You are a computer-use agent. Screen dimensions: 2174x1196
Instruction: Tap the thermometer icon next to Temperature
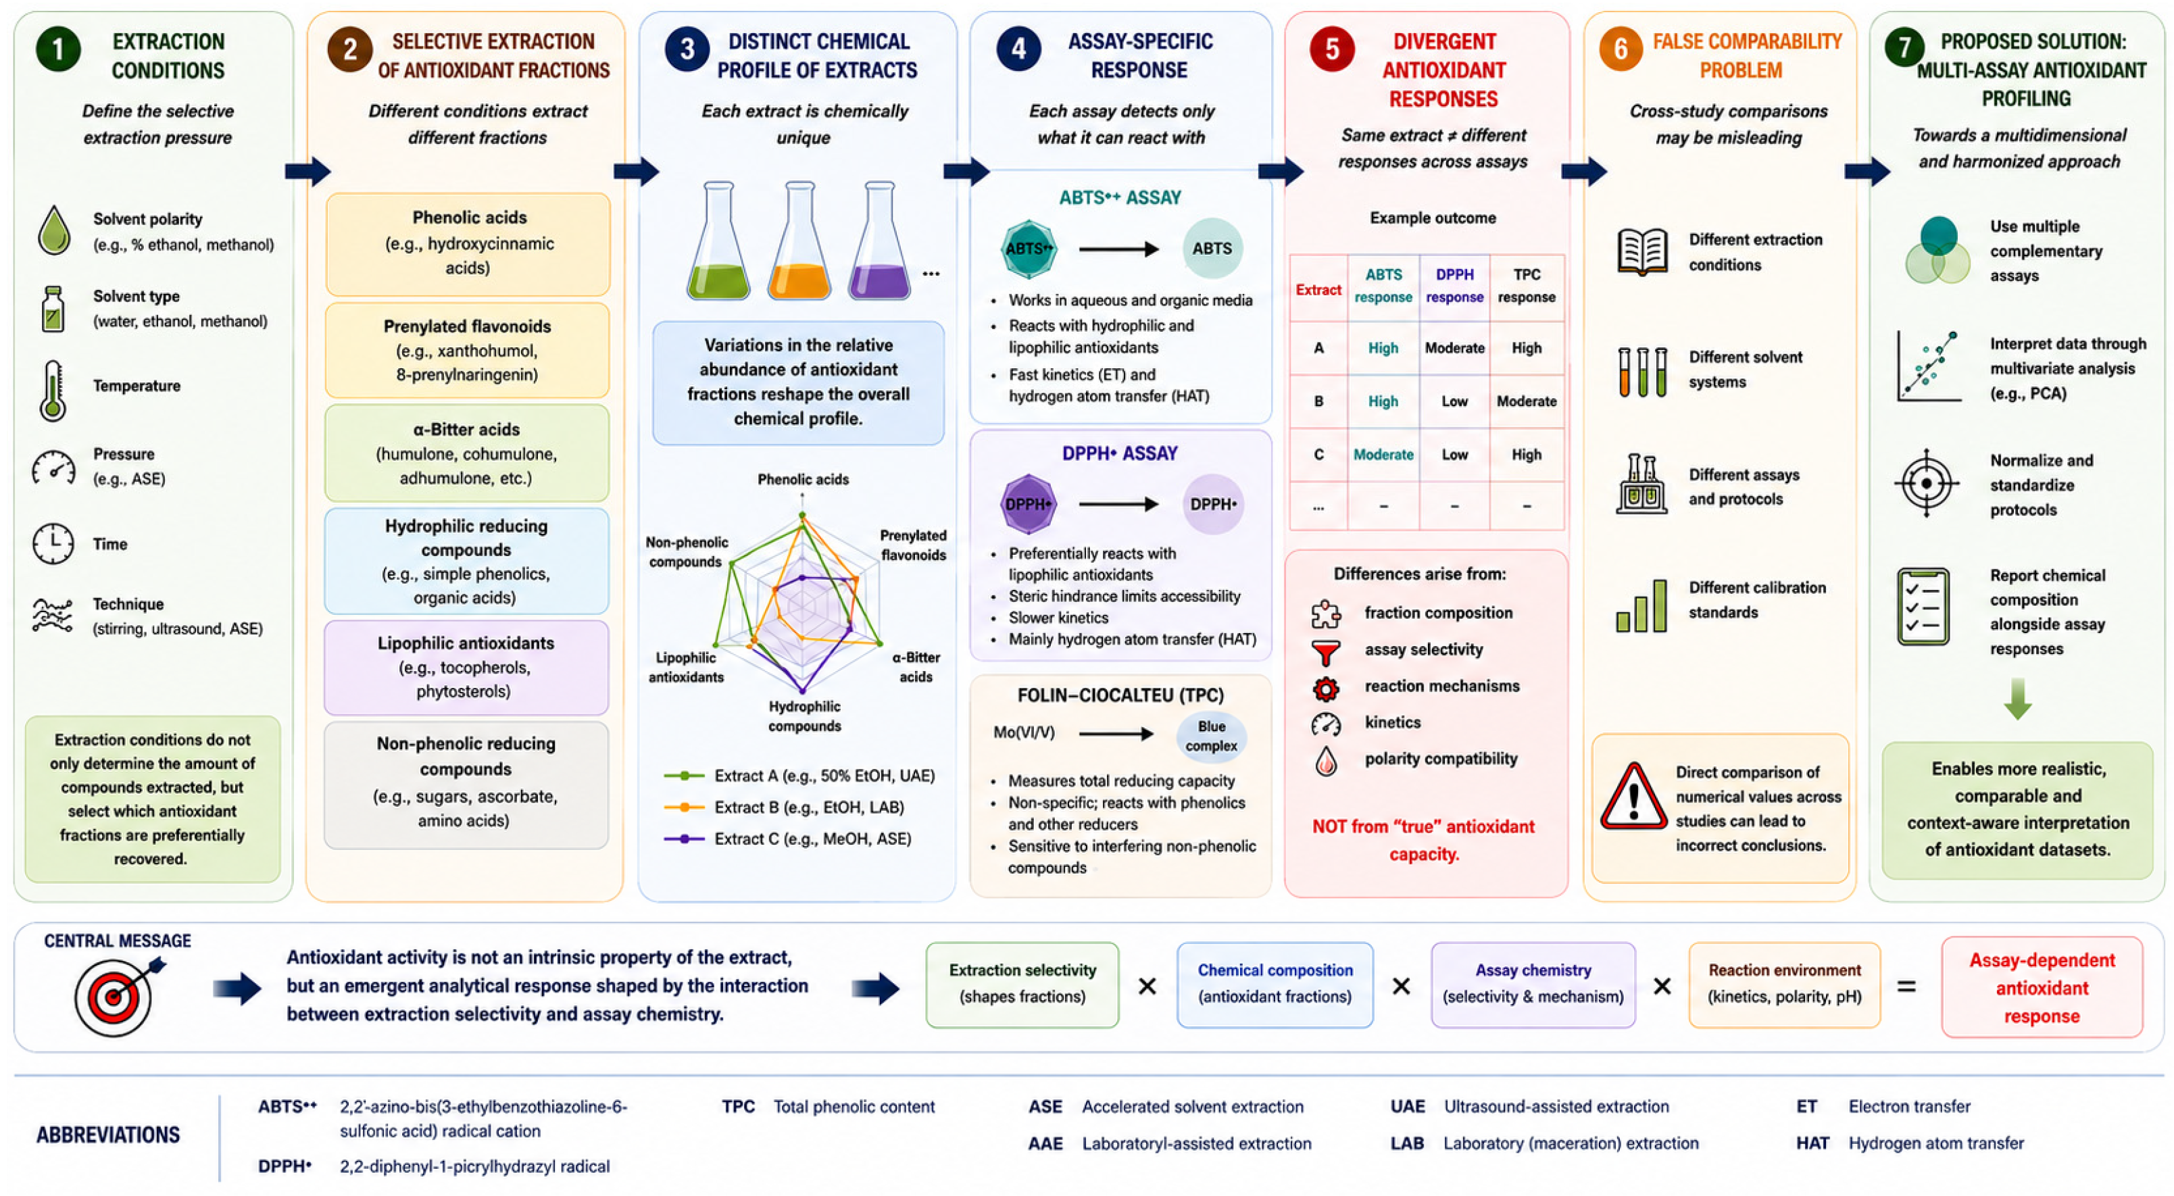[x=52, y=390]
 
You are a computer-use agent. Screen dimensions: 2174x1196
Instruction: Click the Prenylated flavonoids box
[x=467, y=350]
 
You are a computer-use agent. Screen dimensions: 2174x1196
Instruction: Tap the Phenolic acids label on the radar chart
[x=803, y=479]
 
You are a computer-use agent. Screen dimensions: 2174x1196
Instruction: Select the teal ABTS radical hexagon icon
[x=1028, y=249]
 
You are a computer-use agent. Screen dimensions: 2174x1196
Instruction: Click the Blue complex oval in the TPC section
[x=1211, y=736]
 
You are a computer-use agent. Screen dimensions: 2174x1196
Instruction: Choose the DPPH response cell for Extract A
[x=1454, y=348]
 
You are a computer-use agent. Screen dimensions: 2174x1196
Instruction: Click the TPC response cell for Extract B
[x=1526, y=401]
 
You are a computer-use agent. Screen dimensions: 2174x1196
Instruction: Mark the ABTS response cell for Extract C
[x=1383, y=454]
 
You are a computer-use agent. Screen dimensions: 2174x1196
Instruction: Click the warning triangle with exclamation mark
[x=1633, y=797]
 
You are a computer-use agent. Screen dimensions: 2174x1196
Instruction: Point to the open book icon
[x=1641, y=251]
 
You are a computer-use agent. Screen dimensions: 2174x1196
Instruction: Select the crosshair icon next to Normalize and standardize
[x=1926, y=484]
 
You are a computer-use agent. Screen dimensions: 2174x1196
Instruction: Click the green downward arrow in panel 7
[x=2017, y=699]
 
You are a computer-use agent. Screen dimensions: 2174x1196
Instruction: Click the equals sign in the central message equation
[x=1906, y=986]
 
